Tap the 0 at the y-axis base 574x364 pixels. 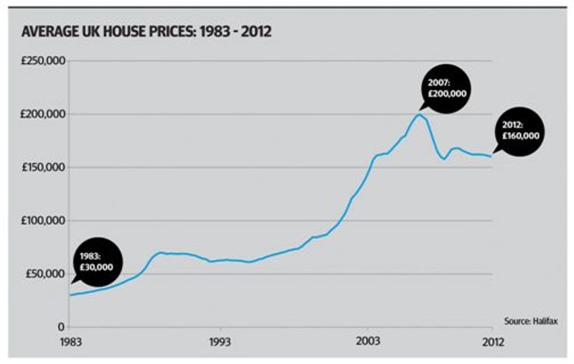[x=62, y=327]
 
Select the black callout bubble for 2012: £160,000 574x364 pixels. [x=520, y=131]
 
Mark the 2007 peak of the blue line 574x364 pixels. [x=419, y=114]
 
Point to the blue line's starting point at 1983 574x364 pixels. [x=70, y=295]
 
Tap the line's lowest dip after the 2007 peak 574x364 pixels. [x=444, y=159]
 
